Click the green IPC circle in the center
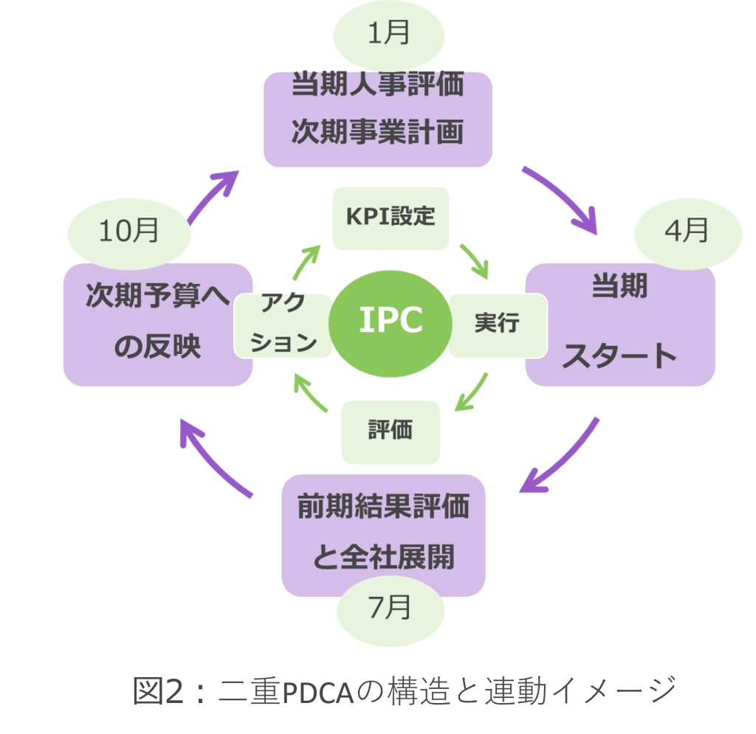391,321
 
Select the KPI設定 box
391,217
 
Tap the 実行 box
497,323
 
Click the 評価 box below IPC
391,431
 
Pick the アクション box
283,325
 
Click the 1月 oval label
389,35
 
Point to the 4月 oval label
686,232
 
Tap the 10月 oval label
129,232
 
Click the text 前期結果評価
383,508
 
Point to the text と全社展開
383,557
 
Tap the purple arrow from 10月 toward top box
214,195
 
